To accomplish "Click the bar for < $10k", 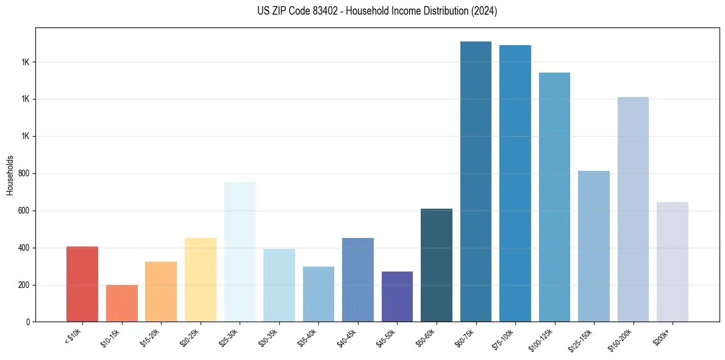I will pos(82,284).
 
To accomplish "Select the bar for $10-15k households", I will pos(121,303).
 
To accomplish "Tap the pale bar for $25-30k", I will pos(240,251).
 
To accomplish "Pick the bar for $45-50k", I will pos(397,297).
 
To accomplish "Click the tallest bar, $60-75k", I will pos(476,181).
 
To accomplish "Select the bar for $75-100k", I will pos(515,183).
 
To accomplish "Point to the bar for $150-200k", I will pos(633,209).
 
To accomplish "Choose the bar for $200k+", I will pos(672,262).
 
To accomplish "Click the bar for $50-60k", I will pos(437,265).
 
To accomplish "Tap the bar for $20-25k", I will pos(200,279).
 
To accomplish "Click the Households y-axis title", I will pos(10,175).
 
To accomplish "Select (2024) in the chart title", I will pos(484,11).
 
